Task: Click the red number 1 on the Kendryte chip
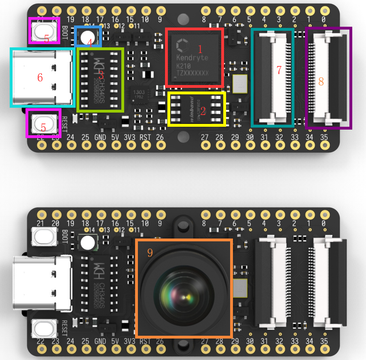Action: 199,49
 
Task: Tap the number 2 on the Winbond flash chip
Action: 203,110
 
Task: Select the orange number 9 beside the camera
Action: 150,253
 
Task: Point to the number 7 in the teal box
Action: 279,70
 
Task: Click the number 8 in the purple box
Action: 321,81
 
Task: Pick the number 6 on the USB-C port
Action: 40,77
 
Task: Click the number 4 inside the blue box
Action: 90,41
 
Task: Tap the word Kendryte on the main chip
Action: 192,58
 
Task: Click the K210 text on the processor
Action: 183,66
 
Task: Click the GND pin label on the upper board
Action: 100,137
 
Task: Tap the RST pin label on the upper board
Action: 145,137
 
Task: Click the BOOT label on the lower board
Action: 65,235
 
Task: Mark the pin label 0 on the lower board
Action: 324,223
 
